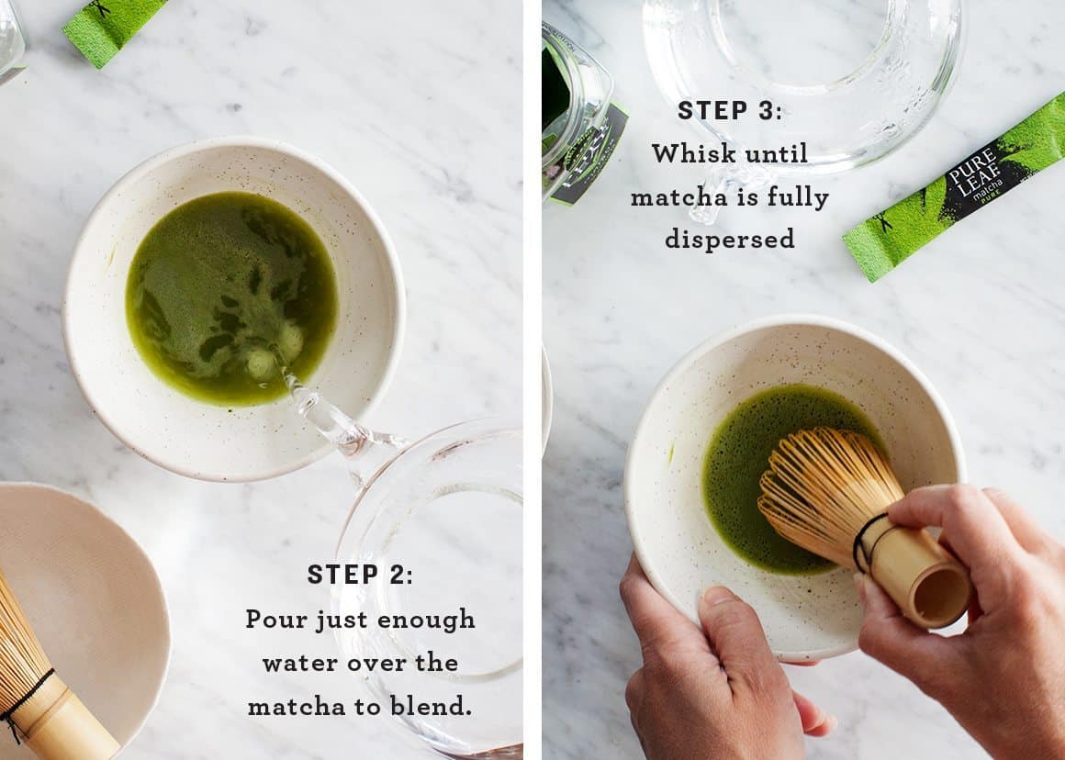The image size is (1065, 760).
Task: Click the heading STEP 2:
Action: pyautogui.click(x=360, y=575)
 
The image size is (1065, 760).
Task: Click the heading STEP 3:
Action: pyautogui.click(x=730, y=110)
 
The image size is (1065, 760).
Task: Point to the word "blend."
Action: pyautogui.click(x=432, y=706)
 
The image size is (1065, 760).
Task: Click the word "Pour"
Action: pyautogui.click(x=276, y=620)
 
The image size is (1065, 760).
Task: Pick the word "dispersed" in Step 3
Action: pyautogui.click(x=730, y=239)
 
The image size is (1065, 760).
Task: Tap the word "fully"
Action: pyautogui.click(x=792, y=196)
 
